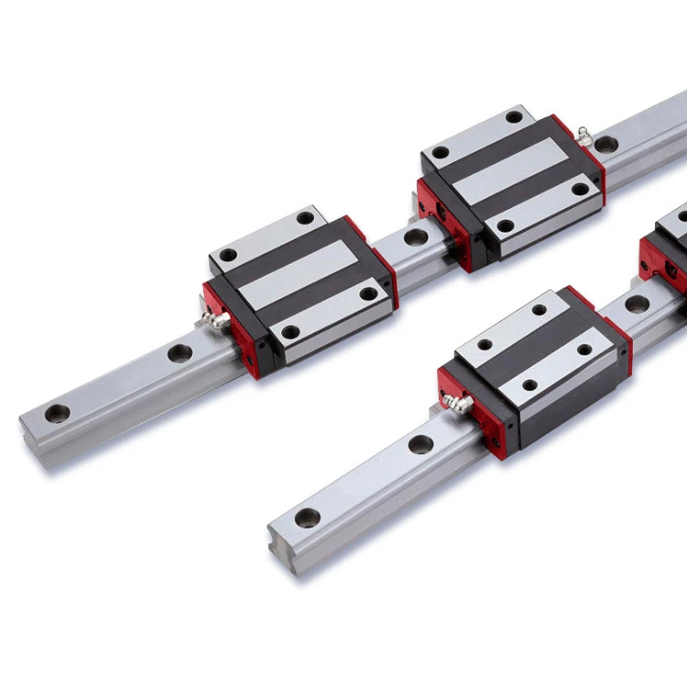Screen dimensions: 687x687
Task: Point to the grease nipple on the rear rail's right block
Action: point(582,136)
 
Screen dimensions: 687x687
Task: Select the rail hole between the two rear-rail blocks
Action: point(415,237)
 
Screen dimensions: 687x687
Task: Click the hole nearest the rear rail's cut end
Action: point(59,411)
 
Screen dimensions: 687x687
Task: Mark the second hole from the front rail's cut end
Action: point(420,445)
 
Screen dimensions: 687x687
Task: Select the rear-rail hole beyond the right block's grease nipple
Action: point(605,144)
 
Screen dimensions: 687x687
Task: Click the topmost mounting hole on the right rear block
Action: point(514,116)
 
